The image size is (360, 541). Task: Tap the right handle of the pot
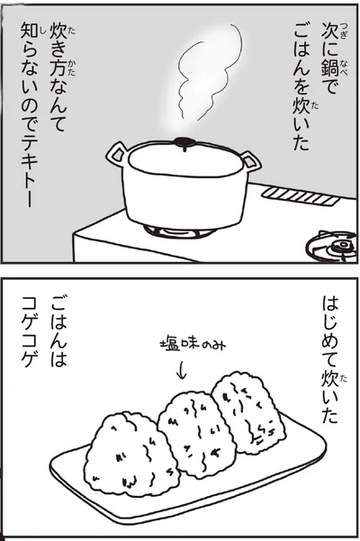(250, 162)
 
